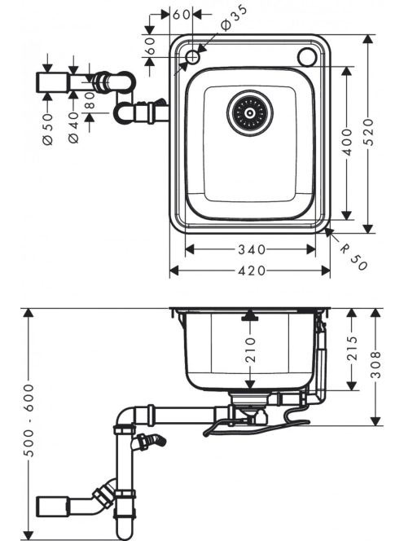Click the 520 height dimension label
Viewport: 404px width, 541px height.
coord(369,132)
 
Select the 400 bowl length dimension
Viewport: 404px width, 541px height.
coord(348,142)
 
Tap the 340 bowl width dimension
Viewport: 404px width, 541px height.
coord(252,249)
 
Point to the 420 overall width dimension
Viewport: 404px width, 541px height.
coord(252,270)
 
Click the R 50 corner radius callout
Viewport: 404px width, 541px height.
coord(353,257)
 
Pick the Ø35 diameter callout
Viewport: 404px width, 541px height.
coord(235,18)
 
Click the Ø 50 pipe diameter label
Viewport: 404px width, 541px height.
coord(48,130)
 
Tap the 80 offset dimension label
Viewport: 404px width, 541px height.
coord(90,100)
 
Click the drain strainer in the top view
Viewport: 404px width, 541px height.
coord(250,112)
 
